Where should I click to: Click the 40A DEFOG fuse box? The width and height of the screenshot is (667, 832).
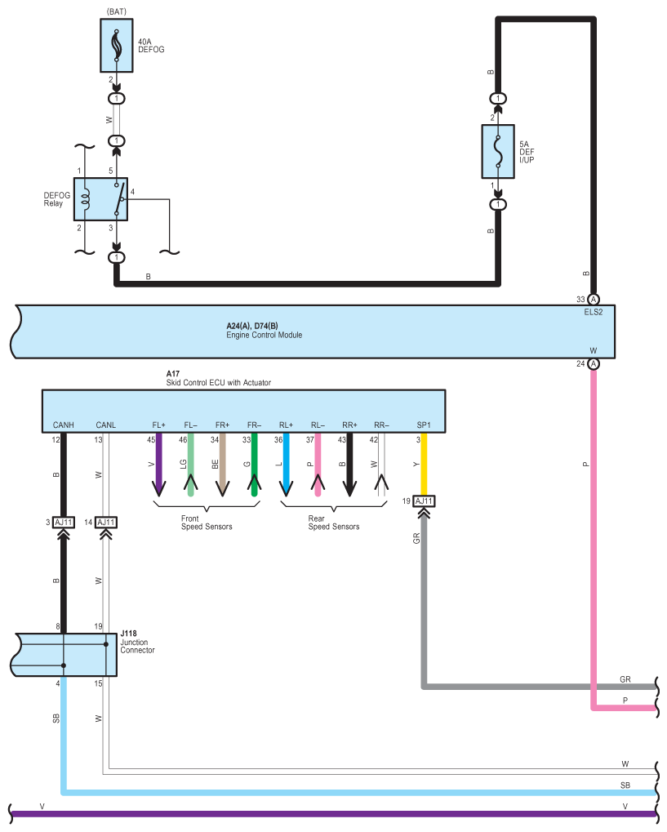116,45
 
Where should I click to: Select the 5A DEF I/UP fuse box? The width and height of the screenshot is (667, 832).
498,151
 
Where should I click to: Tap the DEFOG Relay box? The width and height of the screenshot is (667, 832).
100,199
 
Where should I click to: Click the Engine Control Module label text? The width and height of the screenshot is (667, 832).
265,335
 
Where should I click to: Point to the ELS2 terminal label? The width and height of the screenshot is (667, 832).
594,312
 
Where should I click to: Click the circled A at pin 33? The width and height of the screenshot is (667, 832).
594,300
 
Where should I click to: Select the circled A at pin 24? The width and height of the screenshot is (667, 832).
594,363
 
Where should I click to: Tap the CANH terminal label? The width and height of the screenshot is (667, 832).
63,425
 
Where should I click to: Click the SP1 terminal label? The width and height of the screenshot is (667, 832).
424,425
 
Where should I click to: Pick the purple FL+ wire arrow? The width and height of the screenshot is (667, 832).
158,465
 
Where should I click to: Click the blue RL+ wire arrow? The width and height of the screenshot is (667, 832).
286,465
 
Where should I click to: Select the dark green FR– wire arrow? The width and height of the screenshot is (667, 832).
254,465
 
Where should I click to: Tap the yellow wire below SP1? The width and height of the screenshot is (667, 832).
424,465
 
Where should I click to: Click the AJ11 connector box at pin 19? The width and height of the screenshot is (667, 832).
424,501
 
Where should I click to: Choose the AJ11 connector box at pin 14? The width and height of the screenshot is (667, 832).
106,522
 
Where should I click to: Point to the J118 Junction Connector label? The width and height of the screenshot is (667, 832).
137,642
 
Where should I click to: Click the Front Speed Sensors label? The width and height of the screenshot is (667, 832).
207,523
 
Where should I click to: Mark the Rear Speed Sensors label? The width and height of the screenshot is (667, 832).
334,523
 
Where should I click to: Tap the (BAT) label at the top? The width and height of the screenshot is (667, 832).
116,11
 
